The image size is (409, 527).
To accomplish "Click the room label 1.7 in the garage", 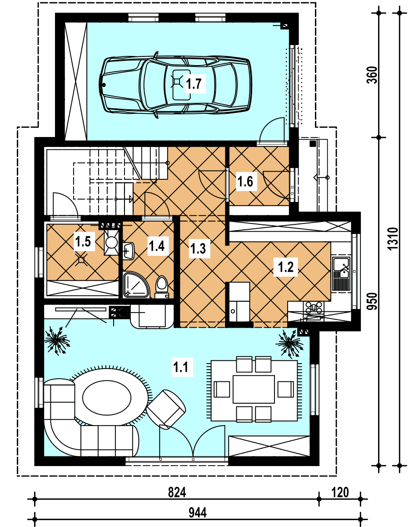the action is click(194, 83).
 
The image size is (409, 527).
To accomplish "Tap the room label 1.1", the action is click(180, 366).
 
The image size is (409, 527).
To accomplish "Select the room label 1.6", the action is click(245, 182).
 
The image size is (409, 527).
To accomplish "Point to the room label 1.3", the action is click(198, 249).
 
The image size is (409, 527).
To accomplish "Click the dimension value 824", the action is click(177, 492).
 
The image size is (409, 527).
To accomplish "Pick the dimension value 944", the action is click(197, 513).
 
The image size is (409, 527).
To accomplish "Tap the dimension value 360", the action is click(373, 75).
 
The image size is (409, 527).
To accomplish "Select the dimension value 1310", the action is click(393, 238).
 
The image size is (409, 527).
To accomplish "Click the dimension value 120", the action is click(340, 492).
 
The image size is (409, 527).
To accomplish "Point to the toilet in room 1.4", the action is click(162, 287).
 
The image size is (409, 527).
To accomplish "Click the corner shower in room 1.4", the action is click(135, 285).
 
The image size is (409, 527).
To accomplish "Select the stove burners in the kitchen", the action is click(314, 307).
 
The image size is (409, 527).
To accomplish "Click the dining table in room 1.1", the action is click(254, 389).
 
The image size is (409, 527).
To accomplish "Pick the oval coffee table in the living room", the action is click(107, 399).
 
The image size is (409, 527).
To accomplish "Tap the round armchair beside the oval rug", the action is click(166, 409).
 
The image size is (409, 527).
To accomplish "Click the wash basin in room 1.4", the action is click(129, 251).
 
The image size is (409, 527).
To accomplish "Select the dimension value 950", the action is click(373, 301).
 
